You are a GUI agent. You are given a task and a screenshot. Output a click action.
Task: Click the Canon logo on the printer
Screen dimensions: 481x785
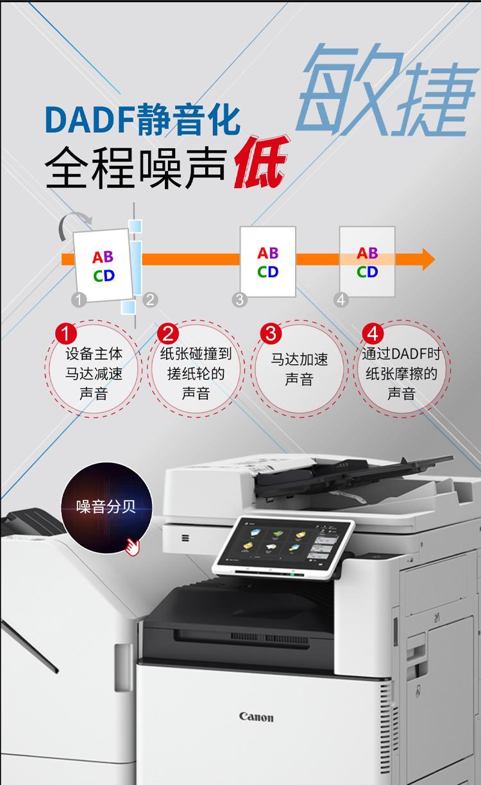tap(257, 717)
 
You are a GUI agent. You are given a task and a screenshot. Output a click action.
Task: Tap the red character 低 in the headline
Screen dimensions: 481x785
tap(262, 163)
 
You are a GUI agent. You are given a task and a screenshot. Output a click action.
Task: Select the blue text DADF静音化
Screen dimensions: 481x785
tap(143, 119)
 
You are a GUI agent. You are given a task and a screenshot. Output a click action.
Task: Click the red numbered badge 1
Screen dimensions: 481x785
tap(66, 333)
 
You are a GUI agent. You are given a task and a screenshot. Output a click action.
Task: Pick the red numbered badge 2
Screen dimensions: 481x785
tap(168, 333)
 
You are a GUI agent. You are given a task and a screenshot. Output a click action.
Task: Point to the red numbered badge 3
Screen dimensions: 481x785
tap(271, 333)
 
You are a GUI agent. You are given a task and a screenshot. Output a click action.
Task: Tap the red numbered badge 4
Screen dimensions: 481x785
tap(373, 333)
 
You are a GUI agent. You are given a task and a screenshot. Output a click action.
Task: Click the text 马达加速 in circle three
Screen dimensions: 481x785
tap(300, 359)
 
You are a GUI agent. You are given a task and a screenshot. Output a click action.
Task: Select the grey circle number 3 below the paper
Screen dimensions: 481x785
tap(239, 300)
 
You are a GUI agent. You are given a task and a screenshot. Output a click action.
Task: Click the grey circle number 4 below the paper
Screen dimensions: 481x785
tap(341, 300)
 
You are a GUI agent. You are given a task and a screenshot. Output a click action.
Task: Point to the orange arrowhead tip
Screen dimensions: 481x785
tap(435, 259)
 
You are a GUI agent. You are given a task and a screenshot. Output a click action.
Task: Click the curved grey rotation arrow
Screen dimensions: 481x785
tap(74, 224)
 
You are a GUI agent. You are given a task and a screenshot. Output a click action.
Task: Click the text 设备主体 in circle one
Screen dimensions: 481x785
tap(94, 354)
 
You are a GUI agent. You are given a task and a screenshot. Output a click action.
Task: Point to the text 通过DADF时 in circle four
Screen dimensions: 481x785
tap(401, 354)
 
